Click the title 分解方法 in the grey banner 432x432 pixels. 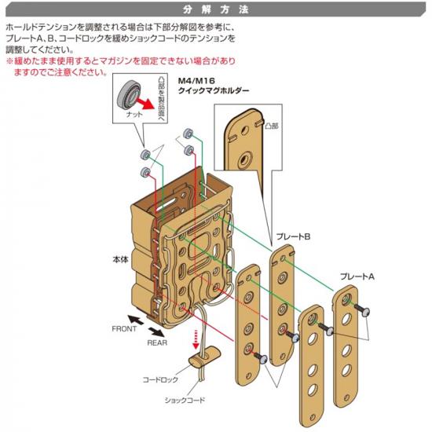(x=216, y=9)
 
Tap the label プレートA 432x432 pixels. (x=357, y=276)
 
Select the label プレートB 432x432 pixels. (x=293, y=236)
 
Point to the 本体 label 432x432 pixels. (x=120, y=259)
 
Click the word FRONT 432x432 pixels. (x=124, y=328)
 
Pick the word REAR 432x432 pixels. (x=157, y=342)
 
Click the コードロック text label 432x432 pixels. (x=160, y=379)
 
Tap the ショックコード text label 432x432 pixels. (x=185, y=400)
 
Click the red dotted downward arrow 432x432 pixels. (x=196, y=339)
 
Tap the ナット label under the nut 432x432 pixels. (x=134, y=115)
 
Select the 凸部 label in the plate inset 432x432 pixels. (x=272, y=126)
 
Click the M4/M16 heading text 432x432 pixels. (x=196, y=81)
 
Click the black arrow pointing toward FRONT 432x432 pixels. (x=136, y=320)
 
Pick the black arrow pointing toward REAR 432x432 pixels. (x=156, y=332)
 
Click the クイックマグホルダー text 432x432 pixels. (x=214, y=90)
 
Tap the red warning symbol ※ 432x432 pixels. (x=9, y=61)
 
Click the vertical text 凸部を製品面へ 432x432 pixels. (x=161, y=100)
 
